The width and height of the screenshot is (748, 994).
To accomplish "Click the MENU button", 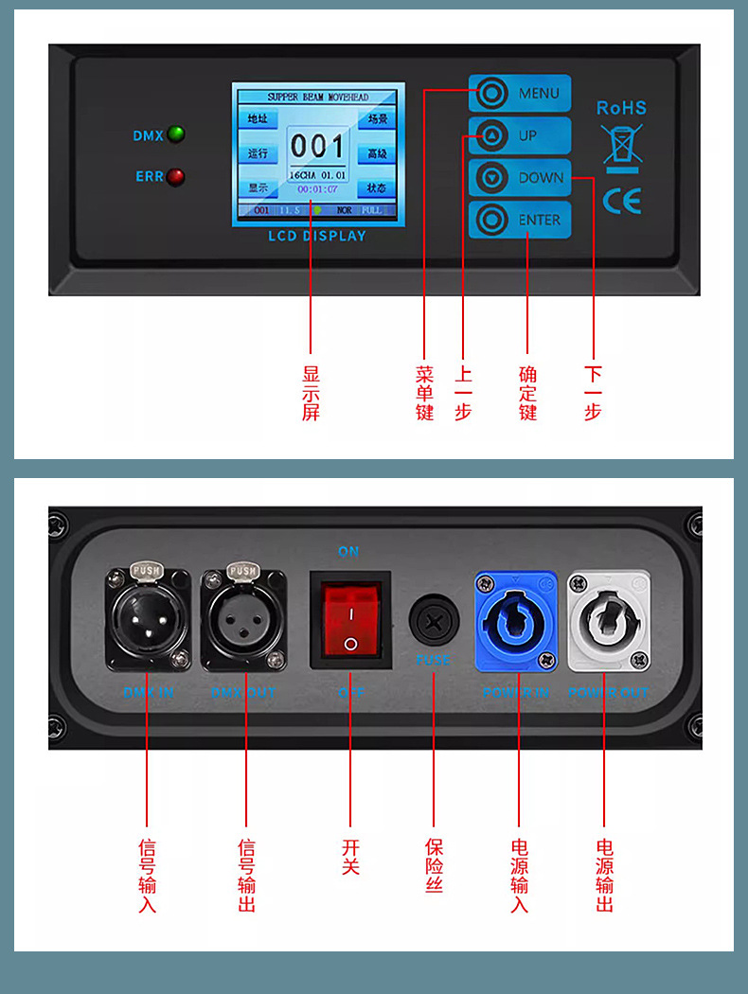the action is pyautogui.click(x=520, y=94).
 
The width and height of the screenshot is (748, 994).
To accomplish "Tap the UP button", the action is pyautogui.click(x=520, y=136).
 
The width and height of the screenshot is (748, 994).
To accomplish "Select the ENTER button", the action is pyautogui.click(x=520, y=220).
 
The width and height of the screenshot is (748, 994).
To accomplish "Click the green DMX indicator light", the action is pyautogui.click(x=175, y=134).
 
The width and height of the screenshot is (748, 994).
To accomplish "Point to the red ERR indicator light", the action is pyautogui.click(x=175, y=176).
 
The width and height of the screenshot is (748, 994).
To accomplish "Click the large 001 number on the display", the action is pyautogui.click(x=317, y=146).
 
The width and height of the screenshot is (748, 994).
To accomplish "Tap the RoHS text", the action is pyautogui.click(x=621, y=108).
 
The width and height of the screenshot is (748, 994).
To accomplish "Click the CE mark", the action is pyautogui.click(x=621, y=201).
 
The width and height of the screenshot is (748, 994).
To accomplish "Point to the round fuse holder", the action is pyautogui.click(x=433, y=621).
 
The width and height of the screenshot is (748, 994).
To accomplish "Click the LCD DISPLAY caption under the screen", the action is pyautogui.click(x=317, y=236).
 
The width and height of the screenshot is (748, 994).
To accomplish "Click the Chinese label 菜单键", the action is pyautogui.click(x=424, y=393).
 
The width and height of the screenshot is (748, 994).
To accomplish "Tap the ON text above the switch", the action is pyautogui.click(x=348, y=551).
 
